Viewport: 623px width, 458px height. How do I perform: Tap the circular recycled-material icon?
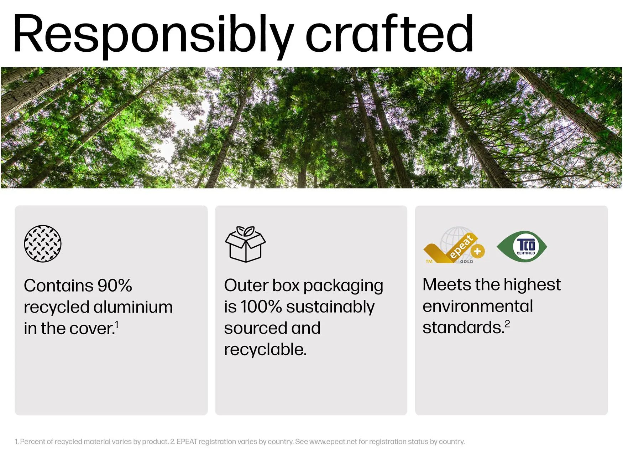point(43,244)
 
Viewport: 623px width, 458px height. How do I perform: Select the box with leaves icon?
point(245,244)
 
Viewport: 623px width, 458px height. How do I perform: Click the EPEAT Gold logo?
point(454,245)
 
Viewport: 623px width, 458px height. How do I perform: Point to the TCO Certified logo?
point(522,246)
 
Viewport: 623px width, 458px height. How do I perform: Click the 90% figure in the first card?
point(115,285)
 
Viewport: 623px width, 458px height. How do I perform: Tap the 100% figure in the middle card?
point(261,307)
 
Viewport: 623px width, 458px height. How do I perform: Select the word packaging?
point(343,286)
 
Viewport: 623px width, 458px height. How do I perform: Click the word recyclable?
point(265,349)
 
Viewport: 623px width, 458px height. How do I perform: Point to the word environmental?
point(478,306)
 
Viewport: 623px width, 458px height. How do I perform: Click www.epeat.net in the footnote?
point(333,442)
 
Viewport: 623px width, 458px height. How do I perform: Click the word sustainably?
point(330,307)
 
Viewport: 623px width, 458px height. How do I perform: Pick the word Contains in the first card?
point(59,285)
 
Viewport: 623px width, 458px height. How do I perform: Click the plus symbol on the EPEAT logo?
point(477,251)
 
